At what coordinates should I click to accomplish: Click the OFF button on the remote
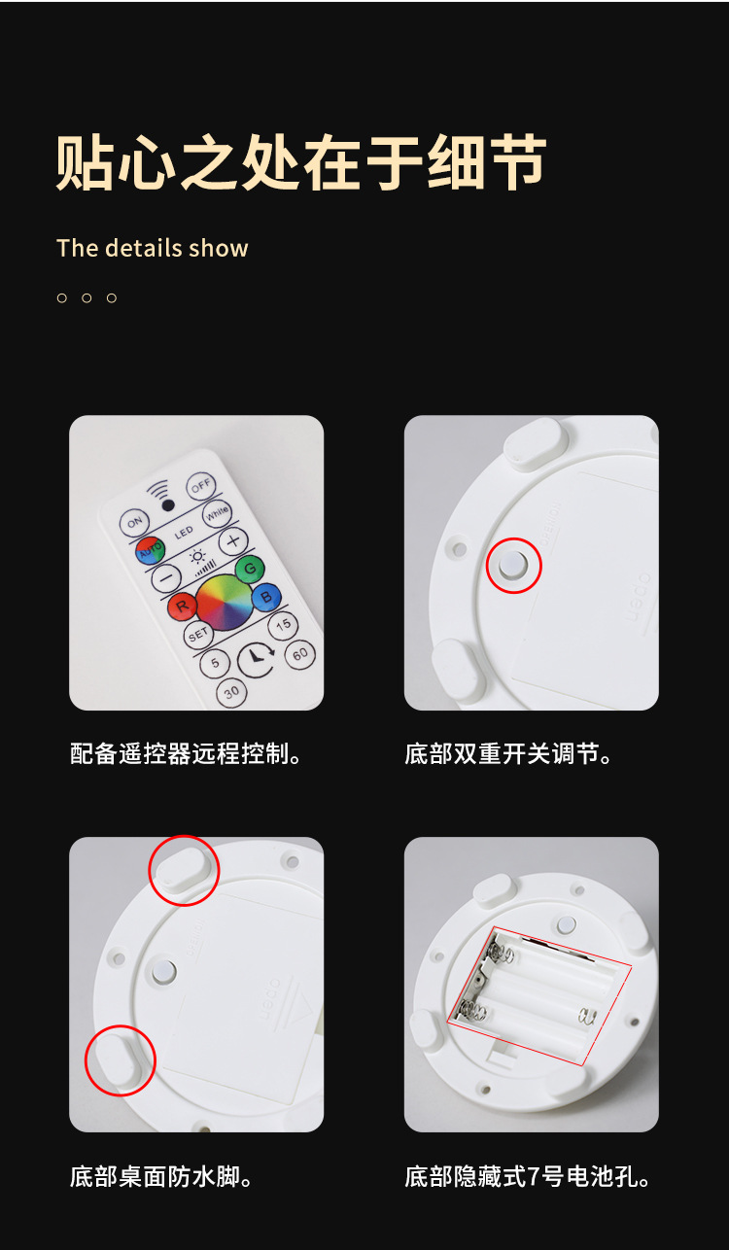click(201, 485)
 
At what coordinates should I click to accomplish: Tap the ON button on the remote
click(133, 523)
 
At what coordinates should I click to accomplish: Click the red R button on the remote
click(181, 608)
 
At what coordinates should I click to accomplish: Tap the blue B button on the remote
click(265, 597)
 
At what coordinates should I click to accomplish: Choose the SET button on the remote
click(198, 634)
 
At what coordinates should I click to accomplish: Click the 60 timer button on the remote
click(300, 654)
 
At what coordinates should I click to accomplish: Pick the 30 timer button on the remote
click(231, 692)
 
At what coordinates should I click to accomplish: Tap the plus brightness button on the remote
click(232, 541)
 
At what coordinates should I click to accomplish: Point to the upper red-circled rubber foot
click(184, 870)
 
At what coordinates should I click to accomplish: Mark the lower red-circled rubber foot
click(121, 1059)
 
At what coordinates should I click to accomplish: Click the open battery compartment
click(539, 991)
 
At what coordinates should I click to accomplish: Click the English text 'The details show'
click(153, 249)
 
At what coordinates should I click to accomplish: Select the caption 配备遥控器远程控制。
click(187, 754)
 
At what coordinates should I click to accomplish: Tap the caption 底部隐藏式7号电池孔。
click(528, 1177)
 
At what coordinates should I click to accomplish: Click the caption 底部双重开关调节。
click(509, 754)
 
